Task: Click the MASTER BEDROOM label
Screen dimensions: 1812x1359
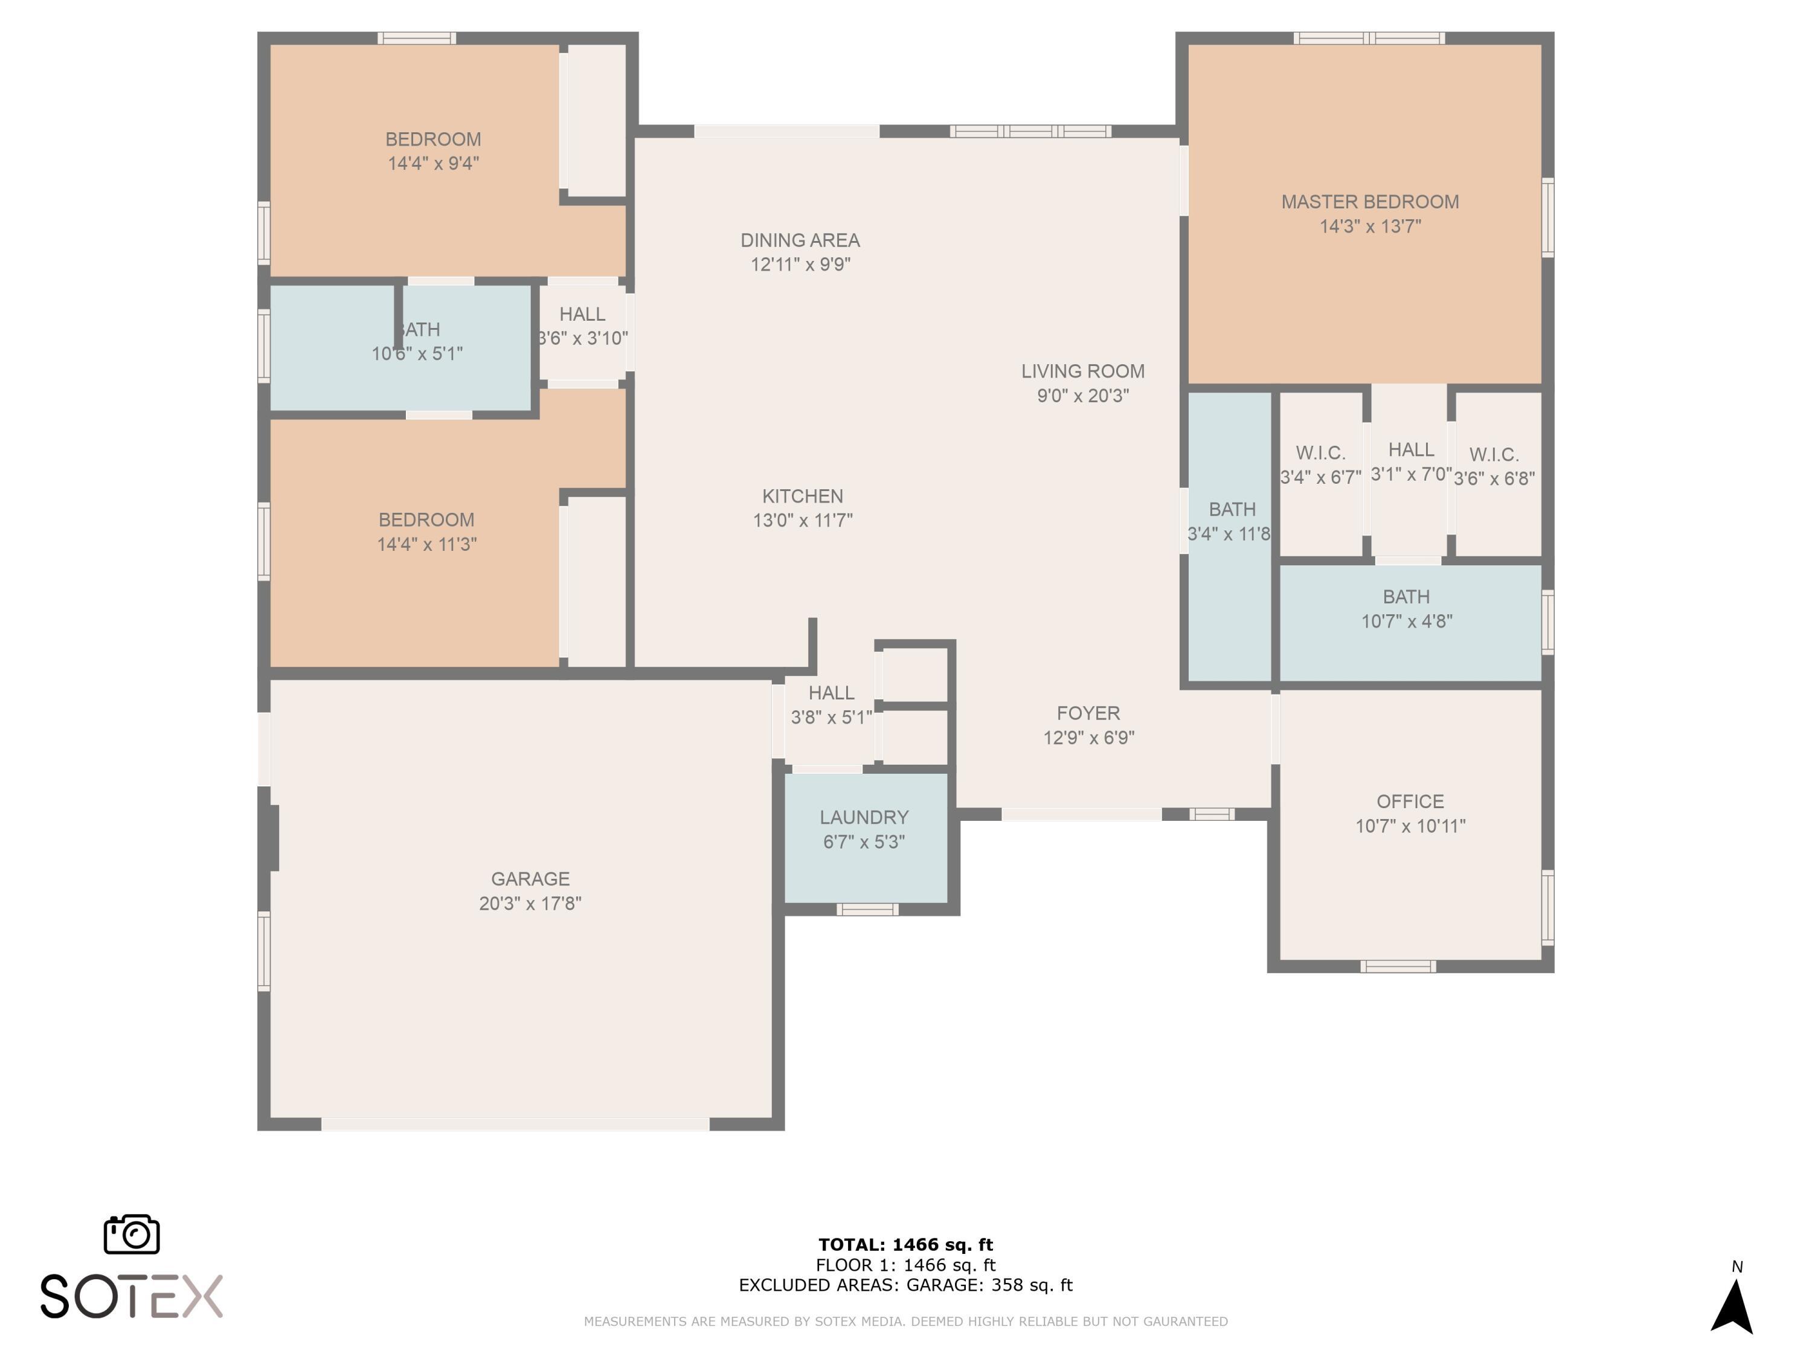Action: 1370,202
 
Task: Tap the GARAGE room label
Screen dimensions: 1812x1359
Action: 530,879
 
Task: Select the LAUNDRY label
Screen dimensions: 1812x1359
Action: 864,818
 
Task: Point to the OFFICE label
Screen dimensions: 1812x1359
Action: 1410,801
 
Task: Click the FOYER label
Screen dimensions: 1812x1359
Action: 1088,713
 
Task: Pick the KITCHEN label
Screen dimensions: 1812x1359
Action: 803,496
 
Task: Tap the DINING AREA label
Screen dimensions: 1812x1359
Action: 800,240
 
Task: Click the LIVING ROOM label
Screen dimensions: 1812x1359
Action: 1083,371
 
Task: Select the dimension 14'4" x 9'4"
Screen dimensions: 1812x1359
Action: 433,163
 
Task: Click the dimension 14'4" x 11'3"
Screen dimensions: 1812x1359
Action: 427,544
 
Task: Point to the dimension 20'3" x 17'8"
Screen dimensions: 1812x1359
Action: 530,903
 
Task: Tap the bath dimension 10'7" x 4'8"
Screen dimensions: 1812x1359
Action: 1407,621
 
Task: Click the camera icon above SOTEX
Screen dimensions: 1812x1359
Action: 132,1233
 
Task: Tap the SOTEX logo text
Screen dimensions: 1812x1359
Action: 132,1296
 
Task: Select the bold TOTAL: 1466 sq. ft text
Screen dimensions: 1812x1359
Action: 906,1245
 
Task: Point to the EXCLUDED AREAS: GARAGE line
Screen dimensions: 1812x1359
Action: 905,1285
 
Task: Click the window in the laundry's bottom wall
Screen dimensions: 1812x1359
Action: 867,909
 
